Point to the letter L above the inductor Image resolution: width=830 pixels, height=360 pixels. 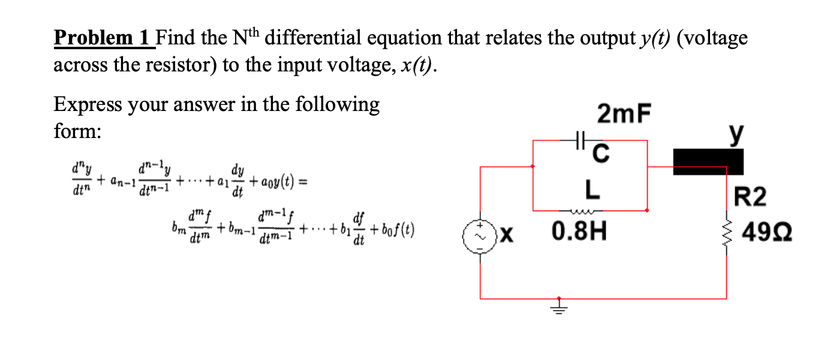click(x=592, y=190)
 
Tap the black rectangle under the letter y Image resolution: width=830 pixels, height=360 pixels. click(x=708, y=162)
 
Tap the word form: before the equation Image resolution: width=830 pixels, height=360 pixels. click(x=77, y=131)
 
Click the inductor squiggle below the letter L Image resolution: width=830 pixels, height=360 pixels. click(x=591, y=210)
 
